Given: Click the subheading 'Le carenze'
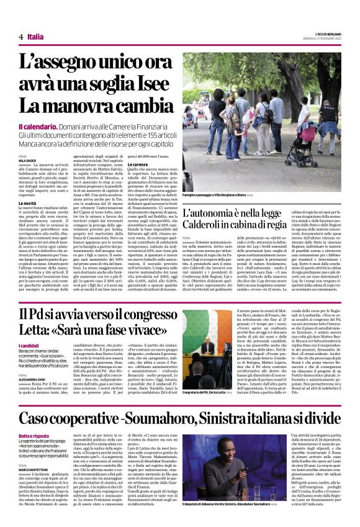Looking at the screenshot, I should [x=138, y=164].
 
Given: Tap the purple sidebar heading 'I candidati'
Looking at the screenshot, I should [x=30, y=345].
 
